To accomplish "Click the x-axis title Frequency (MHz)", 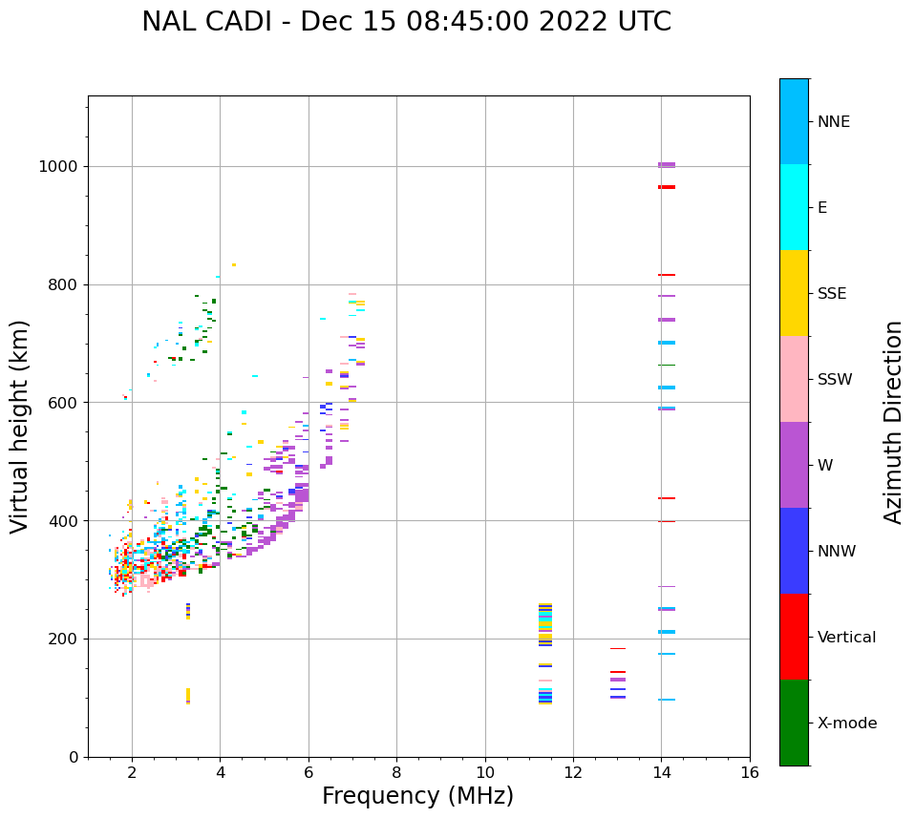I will (417, 796).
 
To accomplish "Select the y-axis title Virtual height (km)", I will (20, 427).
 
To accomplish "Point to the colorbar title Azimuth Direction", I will (893, 422).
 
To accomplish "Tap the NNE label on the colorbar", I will (833, 122).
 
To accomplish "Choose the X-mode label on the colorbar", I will (846, 724).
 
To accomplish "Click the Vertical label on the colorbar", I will (847, 638).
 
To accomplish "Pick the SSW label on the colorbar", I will (835, 380).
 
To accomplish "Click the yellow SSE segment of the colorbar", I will (794, 292).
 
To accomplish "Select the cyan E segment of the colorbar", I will (794, 206).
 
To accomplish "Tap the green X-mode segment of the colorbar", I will (794, 723).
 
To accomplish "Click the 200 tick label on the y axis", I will (62, 640).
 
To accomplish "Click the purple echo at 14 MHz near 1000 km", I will (667, 165).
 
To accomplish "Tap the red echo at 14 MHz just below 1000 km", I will (667, 187).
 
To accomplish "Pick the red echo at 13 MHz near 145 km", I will (618, 672).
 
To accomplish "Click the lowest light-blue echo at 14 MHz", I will (667, 700).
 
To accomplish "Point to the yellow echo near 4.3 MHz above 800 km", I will (234, 265).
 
